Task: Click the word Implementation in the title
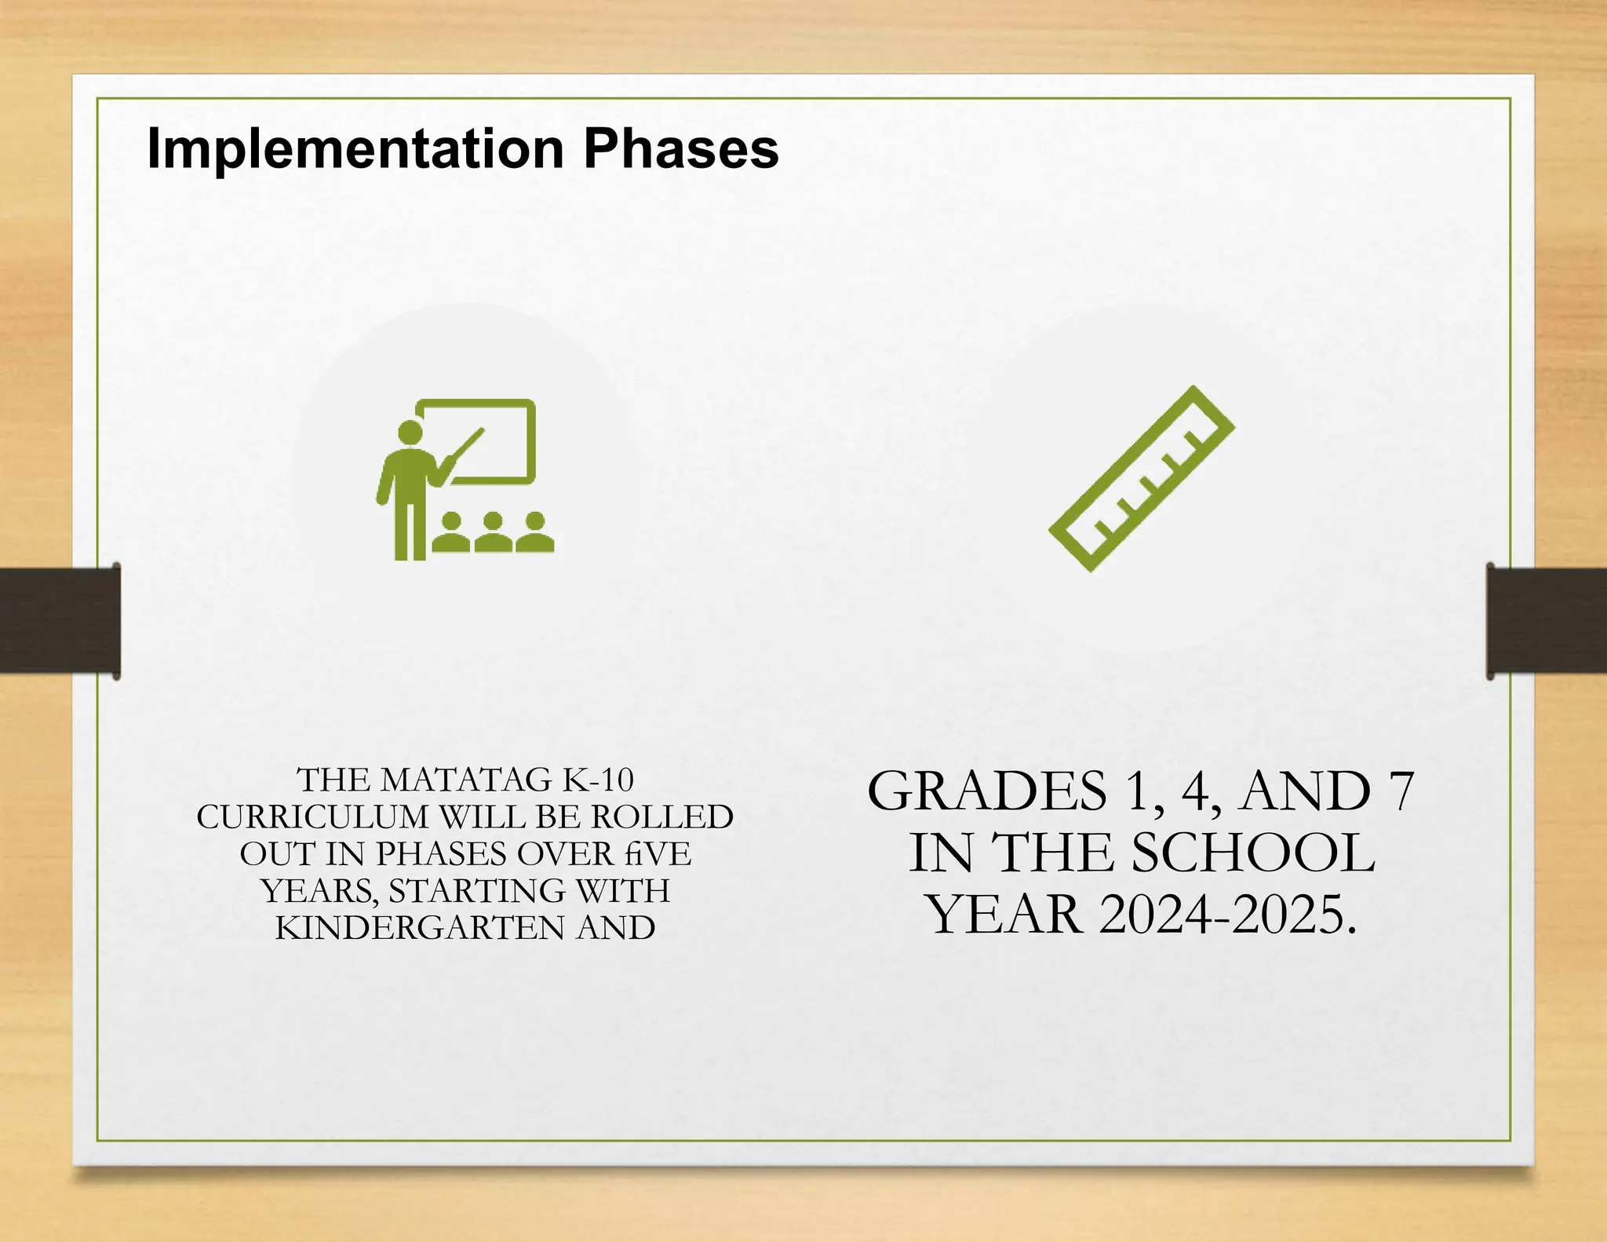[x=355, y=149]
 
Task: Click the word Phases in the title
[x=680, y=149]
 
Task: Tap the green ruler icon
[x=1142, y=478]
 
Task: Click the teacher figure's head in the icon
[x=410, y=433]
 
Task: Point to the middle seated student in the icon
[x=493, y=533]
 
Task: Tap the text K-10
[x=598, y=780]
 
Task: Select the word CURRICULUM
[x=312, y=817]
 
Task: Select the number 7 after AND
[x=1401, y=791]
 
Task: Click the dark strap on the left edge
[x=59, y=620]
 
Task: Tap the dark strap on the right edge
[x=1547, y=620]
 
